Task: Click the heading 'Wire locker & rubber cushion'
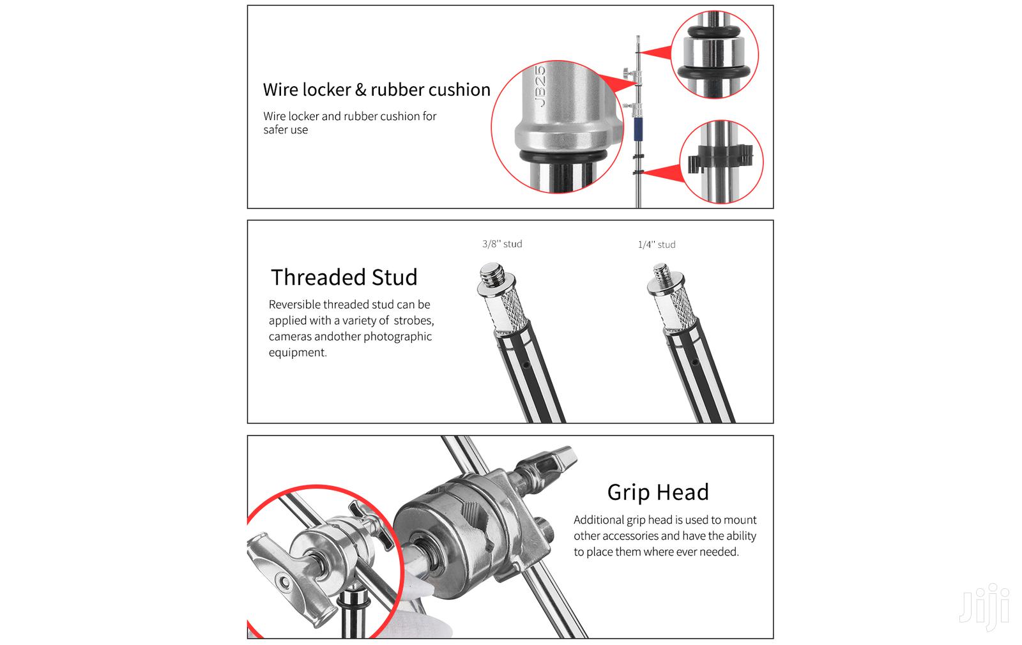click(376, 89)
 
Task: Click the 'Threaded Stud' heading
click(344, 277)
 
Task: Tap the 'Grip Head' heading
click(658, 492)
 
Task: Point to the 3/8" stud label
click(502, 244)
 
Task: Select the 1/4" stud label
click(657, 245)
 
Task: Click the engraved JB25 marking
click(540, 86)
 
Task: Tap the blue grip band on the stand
click(638, 129)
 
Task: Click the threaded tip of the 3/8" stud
click(492, 274)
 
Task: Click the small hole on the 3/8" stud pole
click(526, 365)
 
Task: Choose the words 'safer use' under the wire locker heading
click(286, 130)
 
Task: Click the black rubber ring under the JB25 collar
click(563, 156)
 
